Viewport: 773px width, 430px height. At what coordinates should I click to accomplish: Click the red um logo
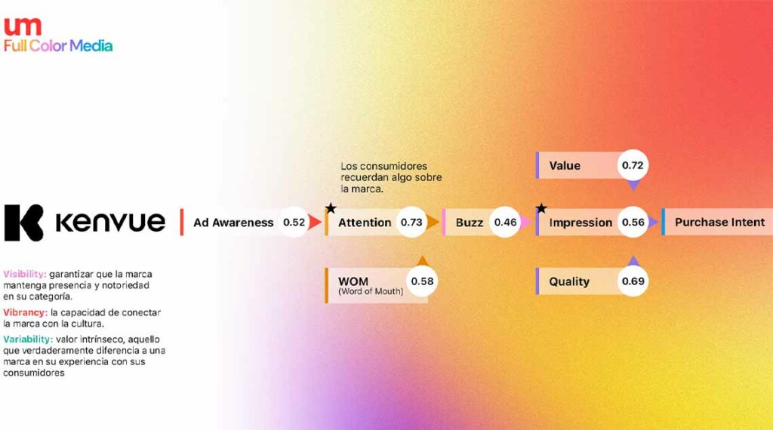(23, 26)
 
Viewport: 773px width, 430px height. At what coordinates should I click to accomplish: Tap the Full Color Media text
(58, 46)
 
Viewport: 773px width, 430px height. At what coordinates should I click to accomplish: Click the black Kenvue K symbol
(23, 223)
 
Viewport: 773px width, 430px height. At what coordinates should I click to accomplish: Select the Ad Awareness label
(233, 223)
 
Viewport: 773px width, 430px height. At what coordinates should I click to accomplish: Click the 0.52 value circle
(294, 222)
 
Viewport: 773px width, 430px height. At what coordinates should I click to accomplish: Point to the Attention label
(365, 223)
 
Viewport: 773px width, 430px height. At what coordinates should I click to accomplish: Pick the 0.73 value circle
(411, 222)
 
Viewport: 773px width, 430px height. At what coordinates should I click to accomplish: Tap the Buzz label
(470, 223)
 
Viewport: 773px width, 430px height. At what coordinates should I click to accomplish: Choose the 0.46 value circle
(505, 222)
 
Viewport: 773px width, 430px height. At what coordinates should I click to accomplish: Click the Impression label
(581, 223)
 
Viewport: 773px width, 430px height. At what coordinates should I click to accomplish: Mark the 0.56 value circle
(633, 222)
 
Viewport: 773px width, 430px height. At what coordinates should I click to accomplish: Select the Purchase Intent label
(719, 222)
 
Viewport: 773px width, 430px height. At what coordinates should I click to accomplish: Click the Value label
(565, 165)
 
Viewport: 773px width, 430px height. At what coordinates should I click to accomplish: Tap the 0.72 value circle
(633, 165)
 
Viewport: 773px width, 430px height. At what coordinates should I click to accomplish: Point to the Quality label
(569, 281)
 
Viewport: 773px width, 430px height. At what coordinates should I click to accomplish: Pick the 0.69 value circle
(633, 281)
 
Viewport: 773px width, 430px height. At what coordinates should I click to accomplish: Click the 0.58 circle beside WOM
(422, 281)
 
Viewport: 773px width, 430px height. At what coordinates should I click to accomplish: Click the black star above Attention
(331, 208)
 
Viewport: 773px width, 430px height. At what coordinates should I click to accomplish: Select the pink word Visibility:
(25, 274)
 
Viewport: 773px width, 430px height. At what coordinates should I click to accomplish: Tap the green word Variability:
(28, 339)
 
